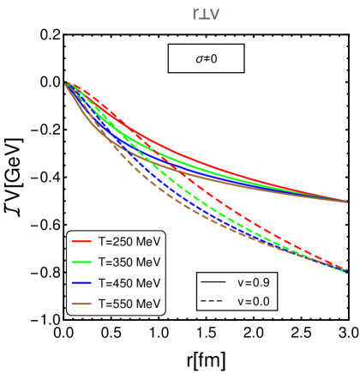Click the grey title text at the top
(206, 15)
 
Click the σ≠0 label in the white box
(206, 58)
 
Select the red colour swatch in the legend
(81, 242)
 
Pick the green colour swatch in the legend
(81, 262)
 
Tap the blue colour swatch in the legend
(81, 283)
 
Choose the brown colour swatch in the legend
(81, 304)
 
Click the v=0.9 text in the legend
(254, 282)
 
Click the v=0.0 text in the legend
(254, 301)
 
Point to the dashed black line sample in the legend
(213, 301)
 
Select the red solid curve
(214, 164)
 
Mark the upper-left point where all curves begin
(67, 84)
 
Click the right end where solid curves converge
(345, 202)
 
